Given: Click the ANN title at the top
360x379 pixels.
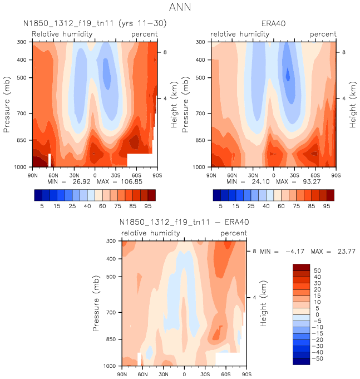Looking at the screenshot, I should tap(180, 9).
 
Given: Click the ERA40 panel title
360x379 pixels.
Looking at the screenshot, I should tap(274, 24).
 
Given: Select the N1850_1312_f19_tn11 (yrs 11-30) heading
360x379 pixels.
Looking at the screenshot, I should tap(95, 24).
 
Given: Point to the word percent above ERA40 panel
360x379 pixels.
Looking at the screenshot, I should tap(323, 34).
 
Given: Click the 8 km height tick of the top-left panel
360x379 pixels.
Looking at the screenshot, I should tap(164, 52).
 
